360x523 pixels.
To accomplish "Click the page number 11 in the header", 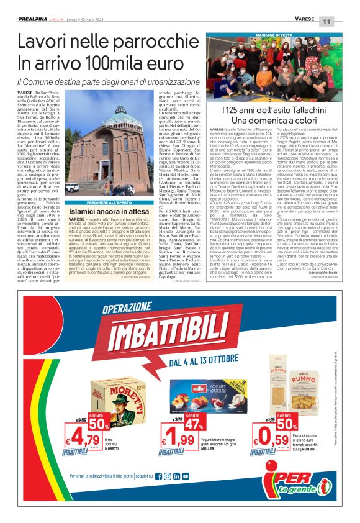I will [343, 20].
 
